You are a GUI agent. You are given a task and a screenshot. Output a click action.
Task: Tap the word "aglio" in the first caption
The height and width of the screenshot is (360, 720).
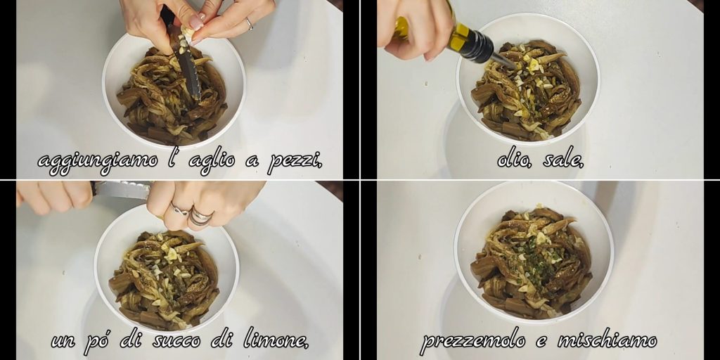[x=212, y=161]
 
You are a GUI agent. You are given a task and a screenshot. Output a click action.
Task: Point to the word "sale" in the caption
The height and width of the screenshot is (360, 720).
[x=563, y=160]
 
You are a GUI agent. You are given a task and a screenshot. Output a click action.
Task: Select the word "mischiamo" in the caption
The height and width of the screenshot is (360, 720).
[x=607, y=340]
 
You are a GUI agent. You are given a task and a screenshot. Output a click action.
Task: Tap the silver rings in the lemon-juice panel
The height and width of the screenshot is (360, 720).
[x=193, y=214]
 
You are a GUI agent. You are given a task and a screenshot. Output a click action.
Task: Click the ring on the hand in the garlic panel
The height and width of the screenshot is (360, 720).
[x=250, y=24]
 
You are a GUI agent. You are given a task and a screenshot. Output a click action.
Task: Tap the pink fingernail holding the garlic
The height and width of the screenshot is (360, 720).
[x=197, y=22]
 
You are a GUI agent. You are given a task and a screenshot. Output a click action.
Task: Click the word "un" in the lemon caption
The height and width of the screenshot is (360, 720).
[x=63, y=341]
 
